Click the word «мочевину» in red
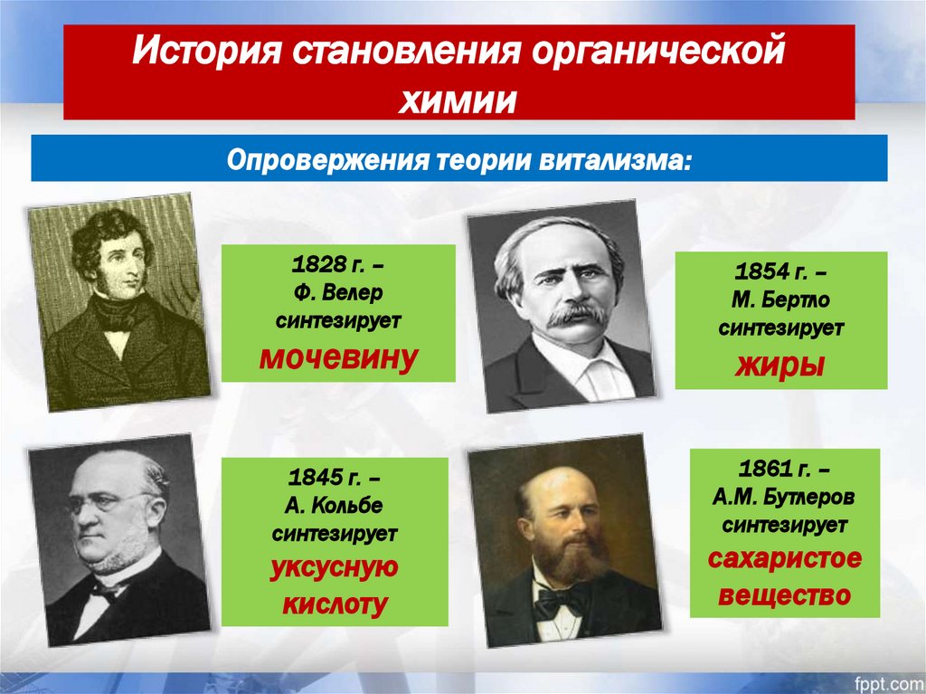coord(338,358)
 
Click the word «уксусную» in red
coord(335,568)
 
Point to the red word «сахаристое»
coord(783,558)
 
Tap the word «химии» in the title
coord(458,98)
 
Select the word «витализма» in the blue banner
coord(618,161)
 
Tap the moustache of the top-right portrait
coord(576,314)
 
